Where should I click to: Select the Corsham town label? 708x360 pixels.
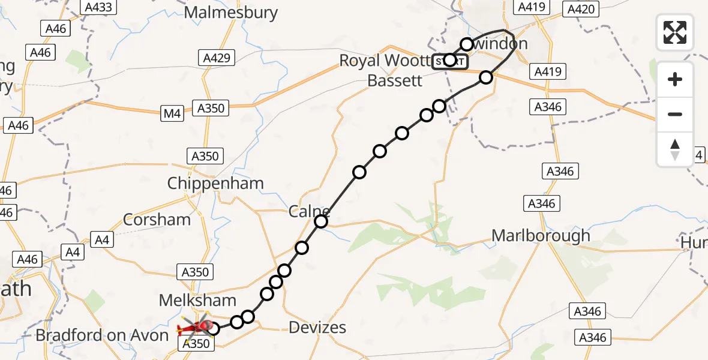(x=157, y=219)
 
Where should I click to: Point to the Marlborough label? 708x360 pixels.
(x=541, y=236)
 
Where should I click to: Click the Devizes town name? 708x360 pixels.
(x=317, y=327)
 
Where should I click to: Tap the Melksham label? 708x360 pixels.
(x=197, y=300)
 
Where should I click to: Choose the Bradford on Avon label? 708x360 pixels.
(x=102, y=335)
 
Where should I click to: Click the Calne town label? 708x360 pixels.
(x=308, y=211)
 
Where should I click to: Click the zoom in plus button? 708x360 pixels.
(x=675, y=79)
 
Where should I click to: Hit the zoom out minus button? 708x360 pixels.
(x=675, y=114)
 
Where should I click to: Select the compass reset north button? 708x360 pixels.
(x=675, y=149)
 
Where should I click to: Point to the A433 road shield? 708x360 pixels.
(x=99, y=7)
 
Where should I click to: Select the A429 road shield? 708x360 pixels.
(x=217, y=58)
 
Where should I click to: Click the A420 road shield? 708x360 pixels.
(x=581, y=8)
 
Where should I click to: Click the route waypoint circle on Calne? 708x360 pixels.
(x=321, y=221)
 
